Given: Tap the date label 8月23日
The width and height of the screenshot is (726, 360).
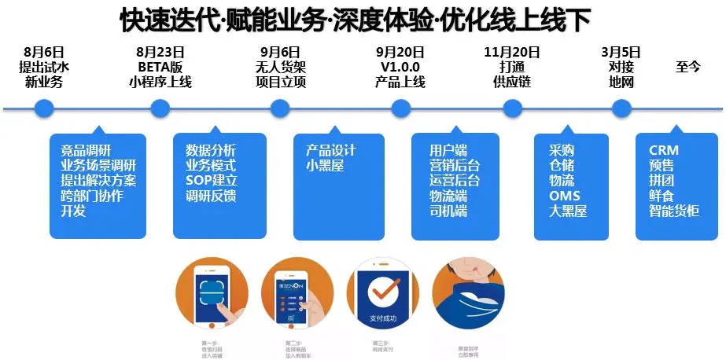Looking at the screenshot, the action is [x=160, y=53].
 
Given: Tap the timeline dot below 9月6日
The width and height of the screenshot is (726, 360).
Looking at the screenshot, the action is [x=280, y=108].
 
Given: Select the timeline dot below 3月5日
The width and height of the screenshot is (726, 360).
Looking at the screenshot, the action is [x=622, y=108].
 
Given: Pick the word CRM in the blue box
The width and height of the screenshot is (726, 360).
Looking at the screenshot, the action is [x=664, y=150].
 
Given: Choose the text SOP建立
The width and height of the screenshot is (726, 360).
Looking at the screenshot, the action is [x=212, y=181].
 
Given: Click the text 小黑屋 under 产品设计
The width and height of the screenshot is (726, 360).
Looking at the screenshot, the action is [x=325, y=166].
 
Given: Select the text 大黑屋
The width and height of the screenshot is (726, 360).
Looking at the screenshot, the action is [x=568, y=211].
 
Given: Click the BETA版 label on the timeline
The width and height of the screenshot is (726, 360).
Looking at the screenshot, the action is [x=160, y=68].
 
